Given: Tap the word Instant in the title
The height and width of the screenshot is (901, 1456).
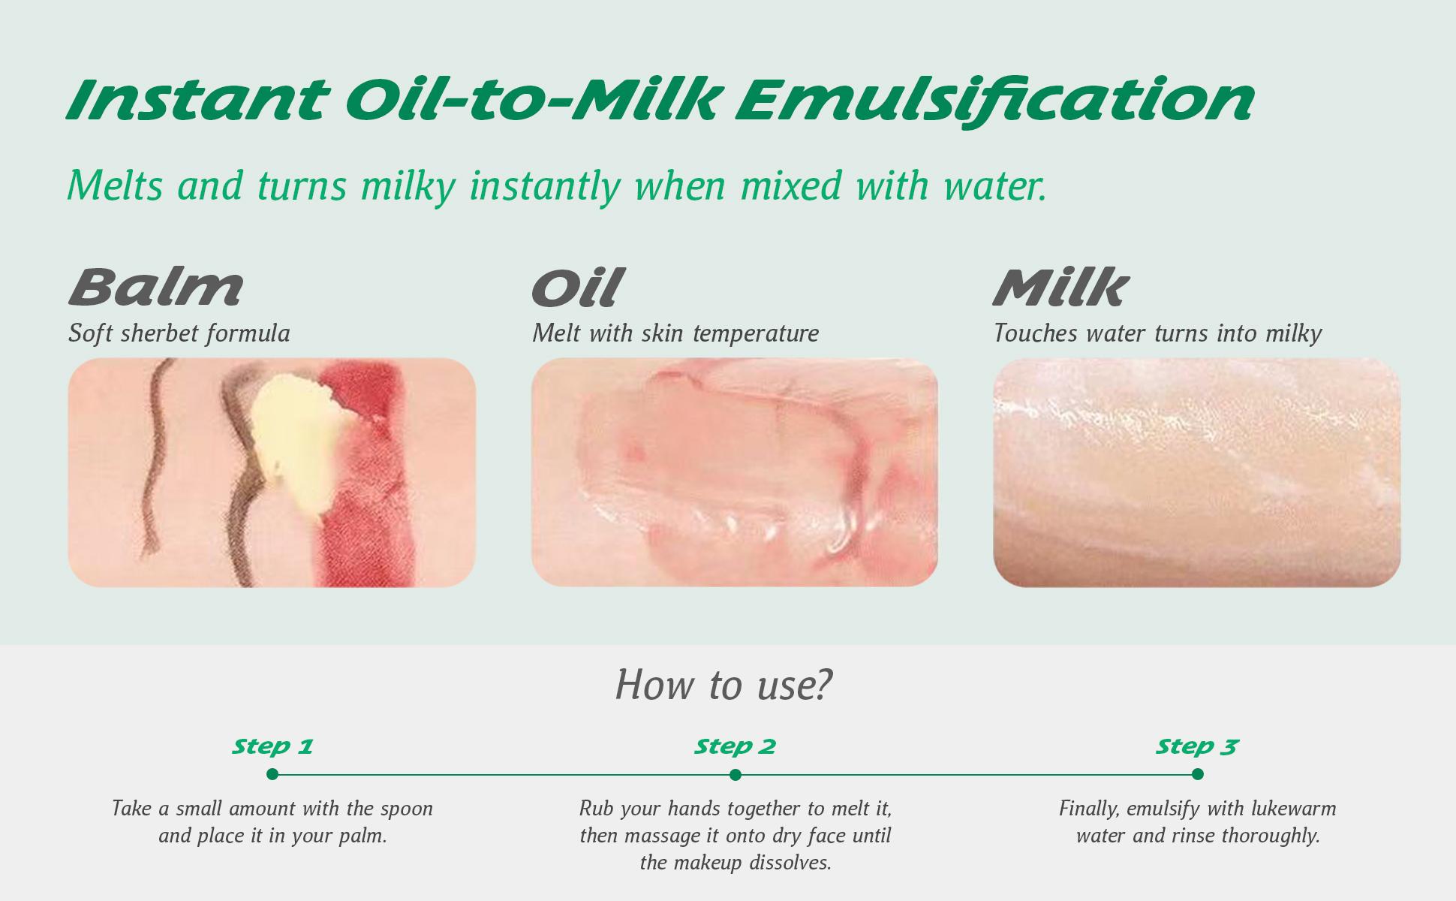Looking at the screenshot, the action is (197, 100).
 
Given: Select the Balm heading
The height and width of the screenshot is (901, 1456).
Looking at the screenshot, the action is (156, 288).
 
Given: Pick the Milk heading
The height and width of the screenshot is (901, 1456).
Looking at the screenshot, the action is (1060, 288).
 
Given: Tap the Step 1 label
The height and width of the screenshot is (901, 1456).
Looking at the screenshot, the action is (272, 746).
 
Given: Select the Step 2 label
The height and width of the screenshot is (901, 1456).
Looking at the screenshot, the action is (735, 746).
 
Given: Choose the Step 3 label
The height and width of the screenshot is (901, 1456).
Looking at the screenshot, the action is (1197, 746).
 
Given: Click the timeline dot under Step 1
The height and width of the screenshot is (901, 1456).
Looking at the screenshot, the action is (272, 774).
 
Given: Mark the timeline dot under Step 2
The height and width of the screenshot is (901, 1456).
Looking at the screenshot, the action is (736, 774).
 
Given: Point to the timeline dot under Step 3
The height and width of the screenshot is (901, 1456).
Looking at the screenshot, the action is (1198, 774).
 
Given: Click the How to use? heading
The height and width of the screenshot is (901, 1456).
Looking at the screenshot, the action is (724, 684).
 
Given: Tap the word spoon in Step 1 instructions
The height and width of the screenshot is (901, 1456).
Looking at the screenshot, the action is (406, 809).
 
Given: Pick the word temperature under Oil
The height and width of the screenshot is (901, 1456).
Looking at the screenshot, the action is (756, 333).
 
